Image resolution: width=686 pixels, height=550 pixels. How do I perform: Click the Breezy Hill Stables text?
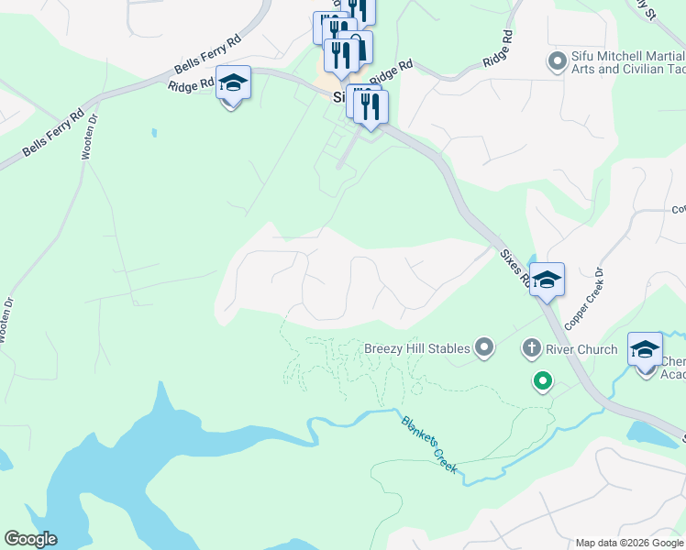point(417,348)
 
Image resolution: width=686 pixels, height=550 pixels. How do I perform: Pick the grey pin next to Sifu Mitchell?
point(555,62)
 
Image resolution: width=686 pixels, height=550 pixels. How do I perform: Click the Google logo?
point(30,539)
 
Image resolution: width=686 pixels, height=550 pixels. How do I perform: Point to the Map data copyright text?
point(629,543)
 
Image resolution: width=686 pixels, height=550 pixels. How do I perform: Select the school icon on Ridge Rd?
point(233,85)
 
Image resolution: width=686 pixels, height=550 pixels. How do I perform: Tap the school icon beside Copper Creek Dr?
point(547,280)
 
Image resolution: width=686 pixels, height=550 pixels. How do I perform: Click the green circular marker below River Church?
point(543,380)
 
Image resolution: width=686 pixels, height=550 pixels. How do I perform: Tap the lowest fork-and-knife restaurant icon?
point(371,106)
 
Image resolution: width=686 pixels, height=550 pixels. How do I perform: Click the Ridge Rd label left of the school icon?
point(190,85)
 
